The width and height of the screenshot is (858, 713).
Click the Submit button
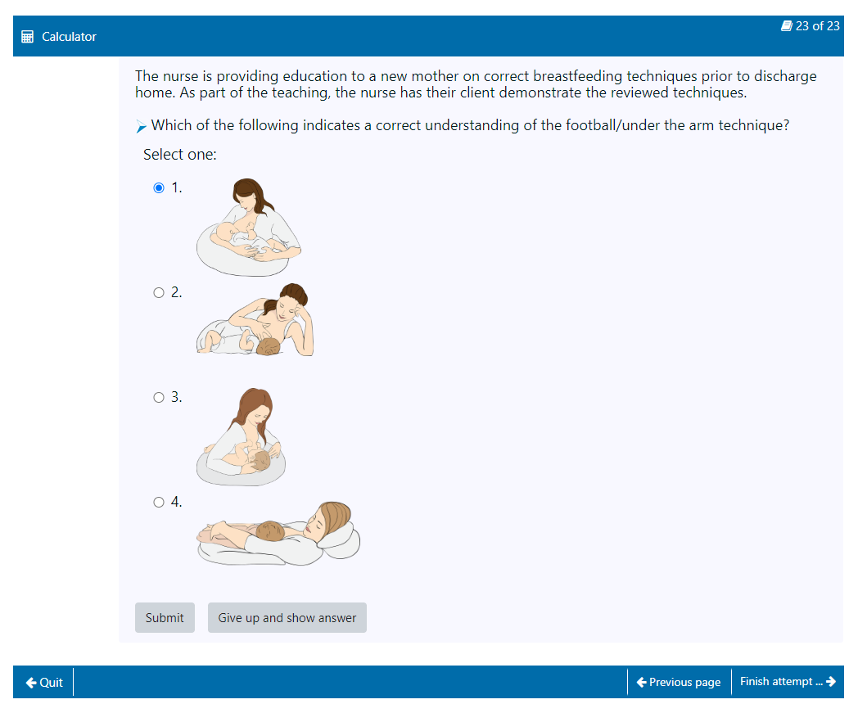165,618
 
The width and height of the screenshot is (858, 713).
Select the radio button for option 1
159,187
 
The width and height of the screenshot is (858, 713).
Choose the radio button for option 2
159,293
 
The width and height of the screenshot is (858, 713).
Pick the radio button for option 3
159,397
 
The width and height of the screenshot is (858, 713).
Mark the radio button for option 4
159,502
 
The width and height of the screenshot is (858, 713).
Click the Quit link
44,683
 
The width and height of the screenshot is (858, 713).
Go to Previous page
679,683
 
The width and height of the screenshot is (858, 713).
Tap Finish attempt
788,682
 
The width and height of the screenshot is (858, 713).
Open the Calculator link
69,37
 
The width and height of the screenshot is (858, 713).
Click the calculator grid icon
27,37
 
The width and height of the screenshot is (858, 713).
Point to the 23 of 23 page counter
811,26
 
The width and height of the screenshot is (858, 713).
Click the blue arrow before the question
141,126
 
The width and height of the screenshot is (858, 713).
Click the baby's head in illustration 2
269,346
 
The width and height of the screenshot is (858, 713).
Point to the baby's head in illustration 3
260,460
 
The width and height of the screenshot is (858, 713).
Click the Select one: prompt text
180,155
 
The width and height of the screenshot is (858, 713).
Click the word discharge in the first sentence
785,76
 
